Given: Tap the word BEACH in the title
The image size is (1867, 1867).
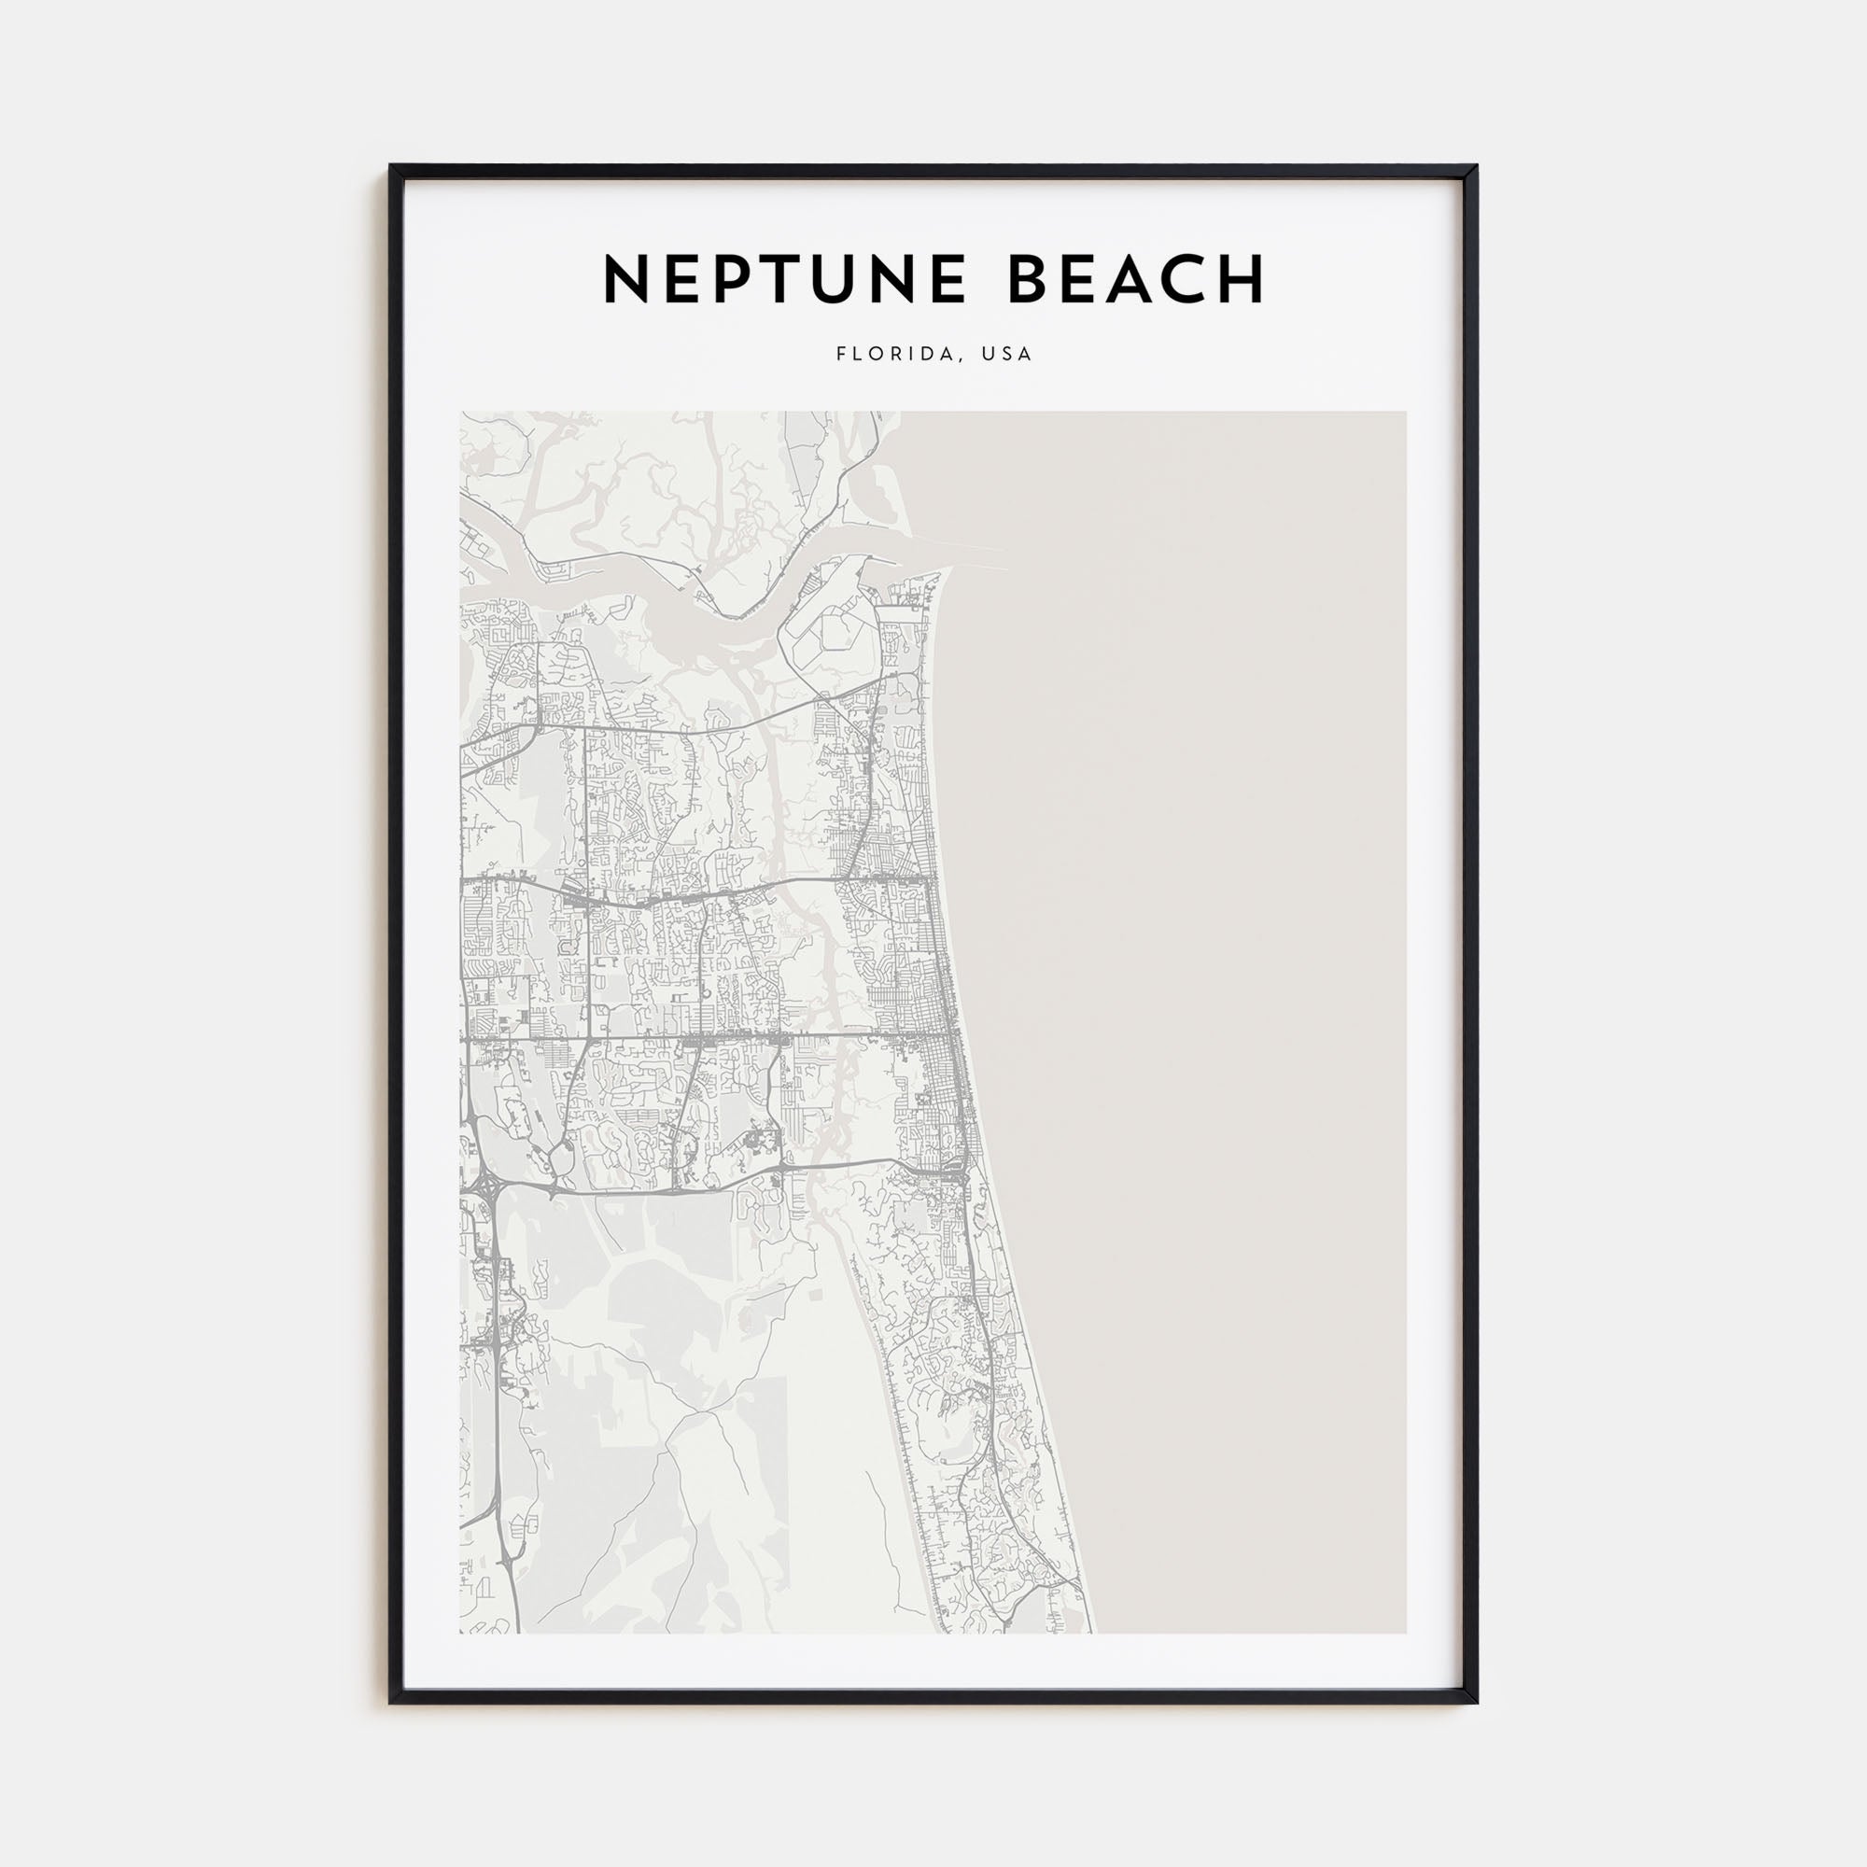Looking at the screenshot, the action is pos(1136,279).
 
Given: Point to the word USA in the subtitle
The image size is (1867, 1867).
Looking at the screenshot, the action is pos(1007,354).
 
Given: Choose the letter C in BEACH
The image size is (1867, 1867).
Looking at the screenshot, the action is pos(1186,279).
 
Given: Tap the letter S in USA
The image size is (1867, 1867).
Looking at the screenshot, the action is pos(1007,354).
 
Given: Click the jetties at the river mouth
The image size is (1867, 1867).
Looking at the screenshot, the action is pos(966,550).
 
